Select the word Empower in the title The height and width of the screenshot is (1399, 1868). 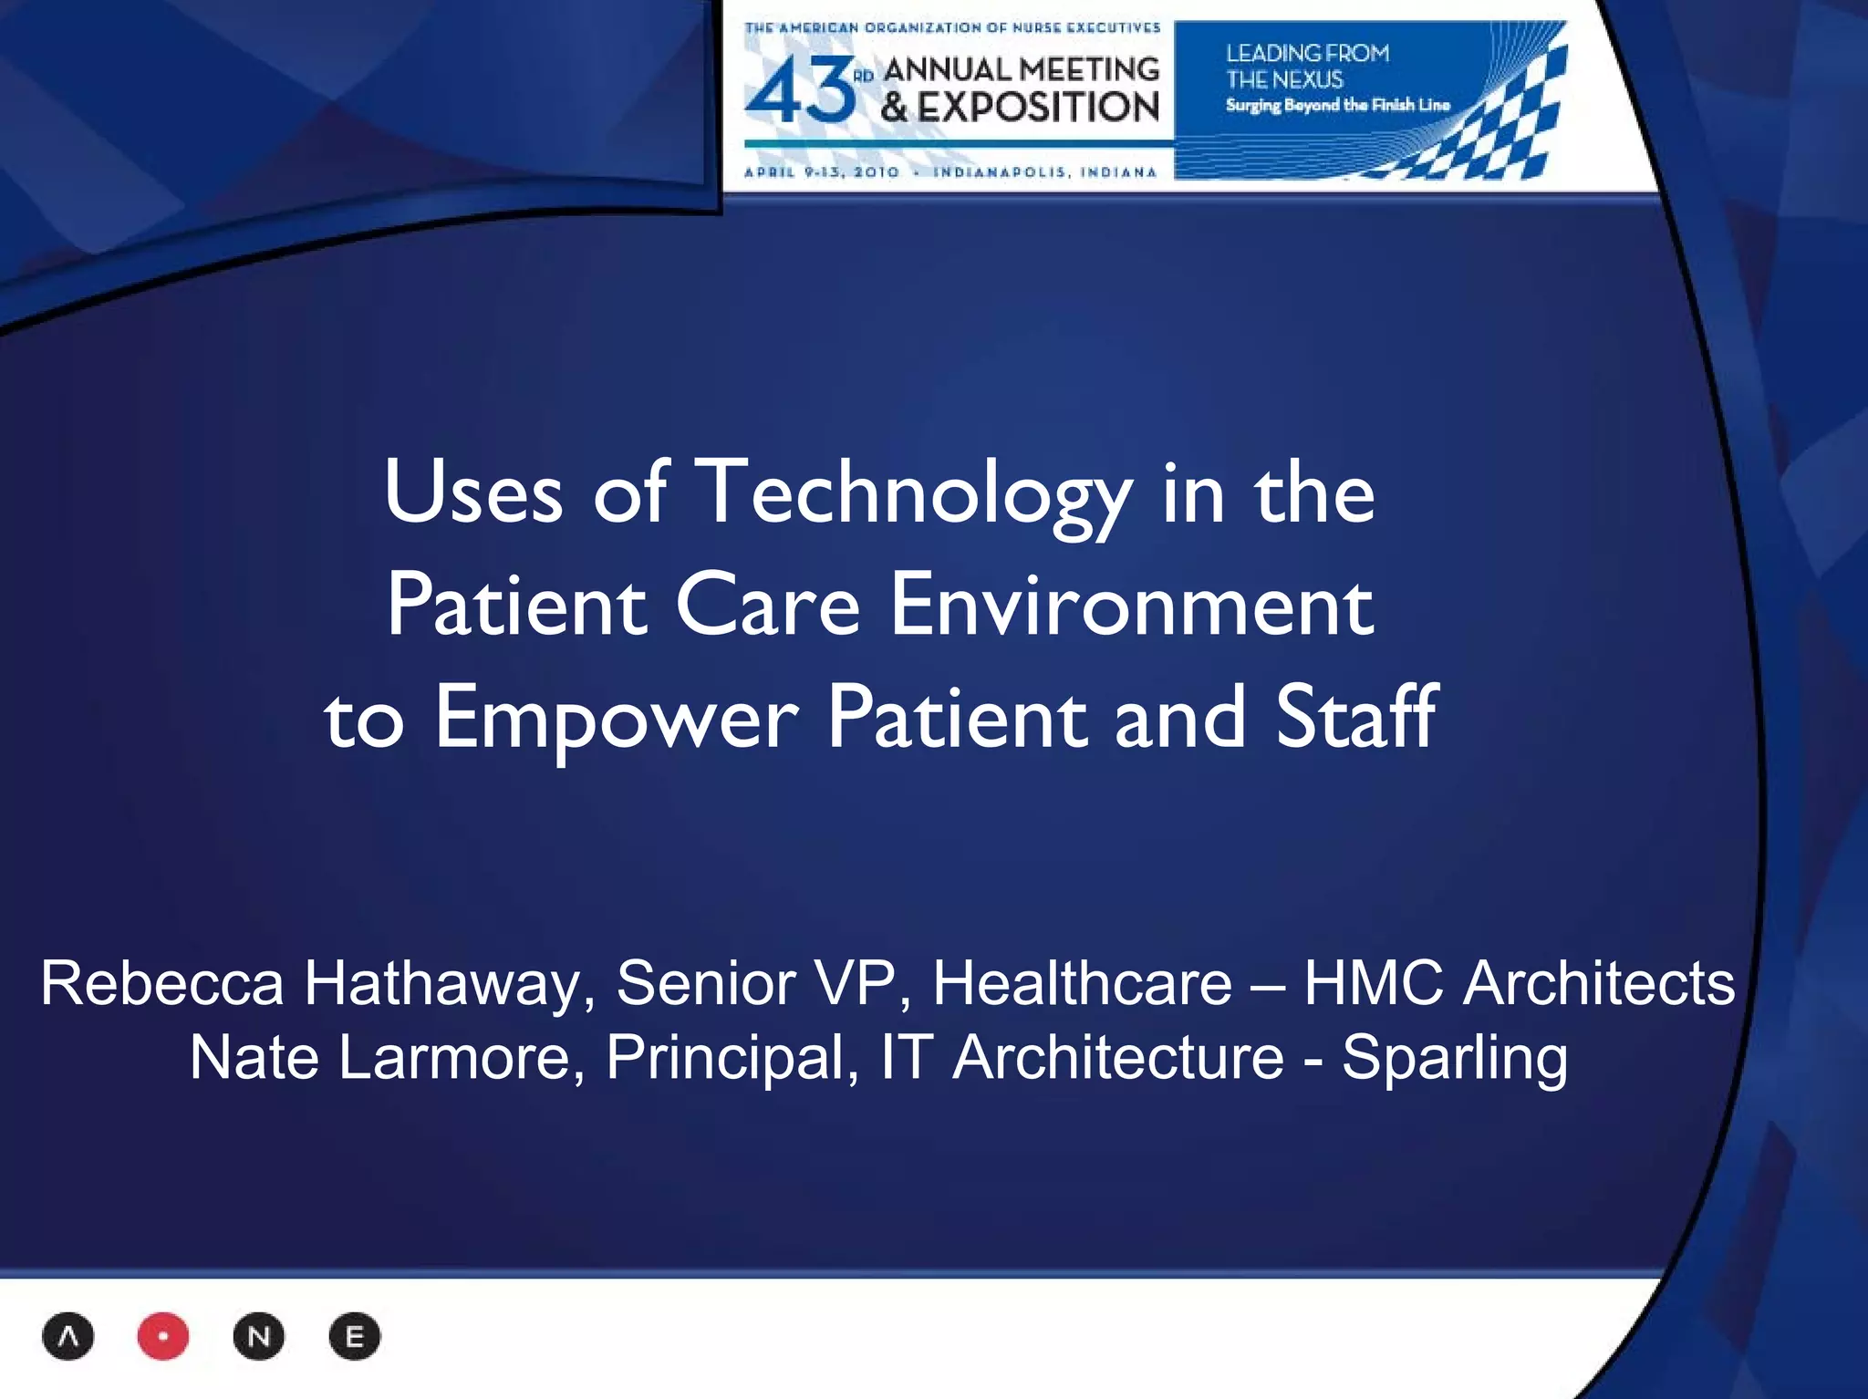[x=617, y=718]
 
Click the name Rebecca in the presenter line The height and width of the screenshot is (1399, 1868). [x=161, y=984]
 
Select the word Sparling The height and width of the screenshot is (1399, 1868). [x=1455, y=1058]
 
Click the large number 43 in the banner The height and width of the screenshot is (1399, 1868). [x=800, y=91]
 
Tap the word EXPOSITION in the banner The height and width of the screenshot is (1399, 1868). [x=1038, y=108]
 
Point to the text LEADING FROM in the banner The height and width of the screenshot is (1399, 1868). [x=1307, y=54]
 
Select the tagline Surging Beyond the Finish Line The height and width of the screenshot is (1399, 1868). [x=1337, y=105]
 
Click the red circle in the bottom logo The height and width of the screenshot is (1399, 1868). [x=163, y=1337]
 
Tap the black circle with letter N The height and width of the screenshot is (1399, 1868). [x=259, y=1337]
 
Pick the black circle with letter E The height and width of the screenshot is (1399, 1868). [x=355, y=1337]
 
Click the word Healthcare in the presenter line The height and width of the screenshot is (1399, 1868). [x=1082, y=984]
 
